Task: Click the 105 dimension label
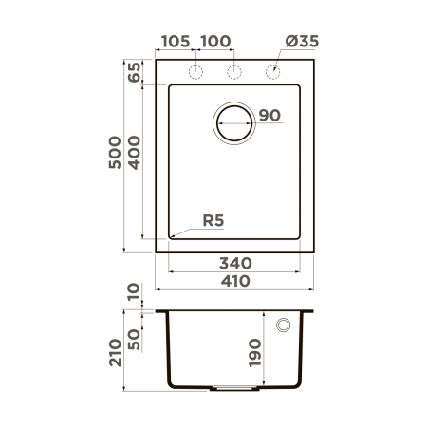[x=176, y=42]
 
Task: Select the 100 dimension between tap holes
[x=216, y=42]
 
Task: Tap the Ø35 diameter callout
[x=301, y=42]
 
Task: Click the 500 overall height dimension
[x=114, y=154]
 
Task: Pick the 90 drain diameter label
[x=269, y=116]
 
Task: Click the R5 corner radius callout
[x=213, y=221]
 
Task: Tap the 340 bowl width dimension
[x=234, y=262]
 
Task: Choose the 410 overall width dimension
[x=234, y=281]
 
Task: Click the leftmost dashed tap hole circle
[x=196, y=72]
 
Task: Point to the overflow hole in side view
[x=283, y=325]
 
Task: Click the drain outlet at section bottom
[x=235, y=387]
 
